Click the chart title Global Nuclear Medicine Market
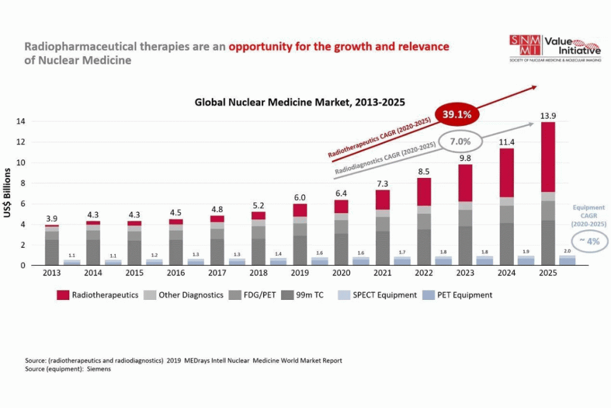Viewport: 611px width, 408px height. pyautogui.click(x=300, y=102)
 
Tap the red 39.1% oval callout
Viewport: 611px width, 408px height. pyautogui.click(x=458, y=114)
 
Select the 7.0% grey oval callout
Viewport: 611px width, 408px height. pyautogui.click(x=460, y=142)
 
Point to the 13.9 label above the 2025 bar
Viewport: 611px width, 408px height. pyautogui.click(x=548, y=115)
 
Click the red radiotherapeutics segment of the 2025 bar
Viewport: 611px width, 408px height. pyautogui.click(x=548, y=157)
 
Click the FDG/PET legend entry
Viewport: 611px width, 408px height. pyautogui.click(x=256, y=295)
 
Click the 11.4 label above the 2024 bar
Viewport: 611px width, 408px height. pyautogui.click(x=507, y=141)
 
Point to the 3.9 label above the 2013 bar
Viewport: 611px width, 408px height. pyautogui.click(x=52, y=218)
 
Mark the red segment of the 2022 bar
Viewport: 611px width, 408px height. pyautogui.click(x=424, y=192)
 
